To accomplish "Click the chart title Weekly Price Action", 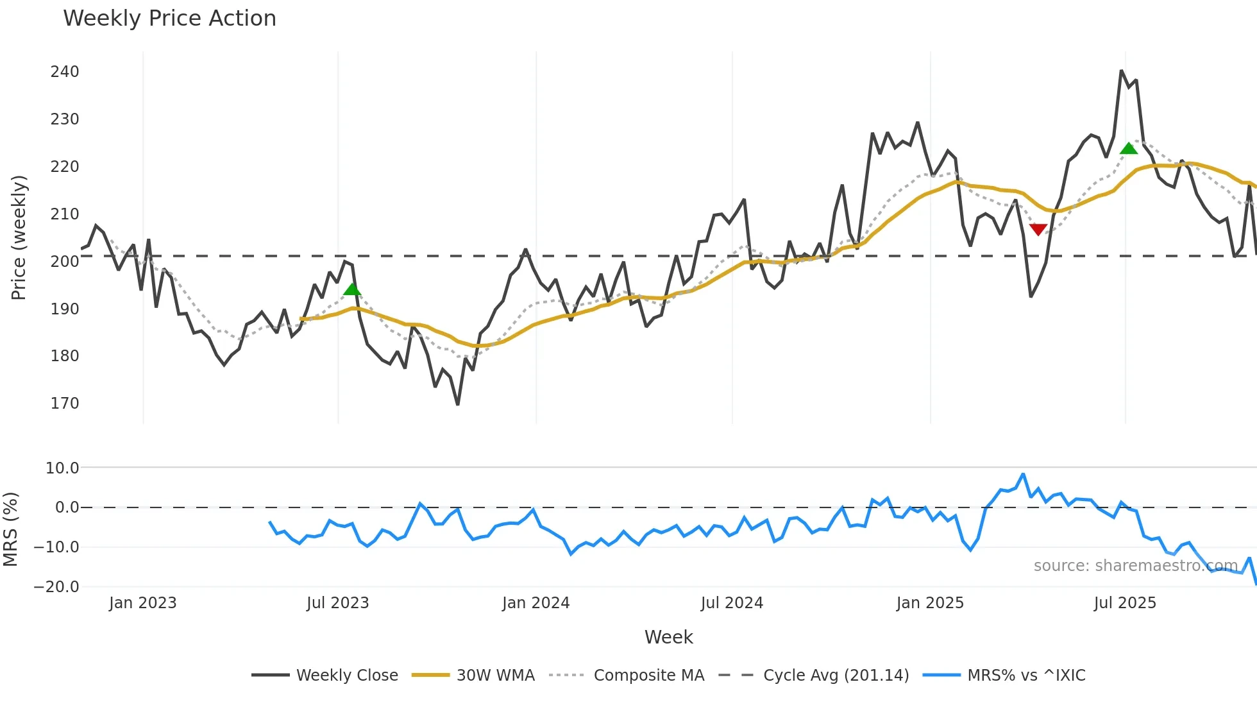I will click(x=169, y=19).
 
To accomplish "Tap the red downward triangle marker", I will click(x=1038, y=229).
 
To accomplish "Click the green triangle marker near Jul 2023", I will click(x=352, y=289).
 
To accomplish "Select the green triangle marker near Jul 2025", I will click(x=1129, y=148).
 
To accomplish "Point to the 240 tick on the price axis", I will click(x=65, y=72).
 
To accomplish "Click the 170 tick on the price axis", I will click(x=65, y=404).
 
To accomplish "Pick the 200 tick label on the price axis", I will click(x=65, y=261).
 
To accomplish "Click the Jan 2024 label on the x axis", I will click(x=536, y=603).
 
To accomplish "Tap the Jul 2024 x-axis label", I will click(x=732, y=603).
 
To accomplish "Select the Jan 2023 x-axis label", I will click(x=142, y=603).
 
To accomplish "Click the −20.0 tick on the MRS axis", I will click(x=56, y=586).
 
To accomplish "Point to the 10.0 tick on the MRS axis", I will click(x=62, y=468).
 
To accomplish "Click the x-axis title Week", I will click(x=668, y=637).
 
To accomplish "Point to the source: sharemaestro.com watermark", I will click(x=1135, y=566).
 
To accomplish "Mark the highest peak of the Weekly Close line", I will click(x=1121, y=71).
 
